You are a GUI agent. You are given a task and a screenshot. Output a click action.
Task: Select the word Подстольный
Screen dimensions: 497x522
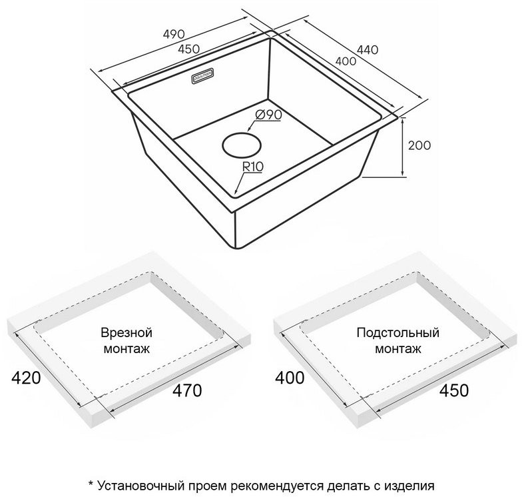397,332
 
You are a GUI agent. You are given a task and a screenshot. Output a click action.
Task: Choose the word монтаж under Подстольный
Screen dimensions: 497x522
397,348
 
